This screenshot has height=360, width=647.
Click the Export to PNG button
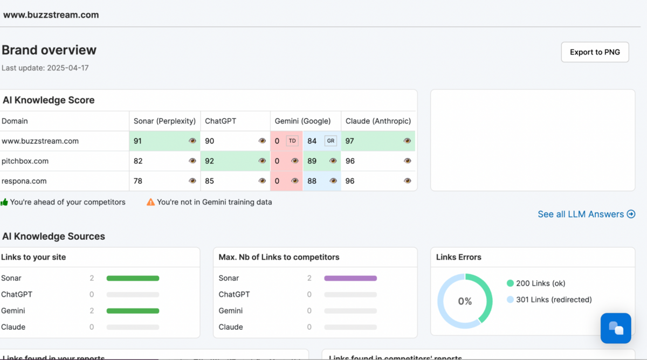pyautogui.click(x=595, y=52)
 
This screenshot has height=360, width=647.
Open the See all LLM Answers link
pyautogui.click(x=586, y=214)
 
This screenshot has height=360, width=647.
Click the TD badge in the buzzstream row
pyautogui.click(x=292, y=141)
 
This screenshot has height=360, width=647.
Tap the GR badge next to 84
pyautogui.click(x=331, y=141)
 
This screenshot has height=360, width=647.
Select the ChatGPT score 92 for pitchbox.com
pyautogui.click(x=210, y=161)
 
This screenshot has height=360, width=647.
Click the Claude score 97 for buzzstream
pyautogui.click(x=350, y=141)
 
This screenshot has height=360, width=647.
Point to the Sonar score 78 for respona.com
pyautogui.click(x=138, y=181)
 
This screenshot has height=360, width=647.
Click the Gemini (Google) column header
pyautogui.click(x=302, y=121)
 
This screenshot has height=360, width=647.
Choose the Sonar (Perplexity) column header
pyautogui.click(x=164, y=121)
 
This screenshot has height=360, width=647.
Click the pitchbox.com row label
pyautogui.click(x=25, y=161)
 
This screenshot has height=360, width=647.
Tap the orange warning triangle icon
pyautogui.click(x=151, y=202)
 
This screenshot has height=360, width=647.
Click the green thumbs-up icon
pyautogui.click(x=4, y=202)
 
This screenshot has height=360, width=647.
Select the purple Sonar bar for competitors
pyautogui.click(x=350, y=278)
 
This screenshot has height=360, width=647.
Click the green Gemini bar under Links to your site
pyautogui.click(x=133, y=311)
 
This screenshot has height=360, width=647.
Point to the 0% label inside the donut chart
pyautogui.click(x=465, y=301)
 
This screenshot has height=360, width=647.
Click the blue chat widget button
pyautogui.click(x=616, y=328)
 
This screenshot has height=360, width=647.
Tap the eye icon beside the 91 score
pyautogui.click(x=192, y=141)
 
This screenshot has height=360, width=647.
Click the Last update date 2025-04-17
pyautogui.click(x=67, y=68)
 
